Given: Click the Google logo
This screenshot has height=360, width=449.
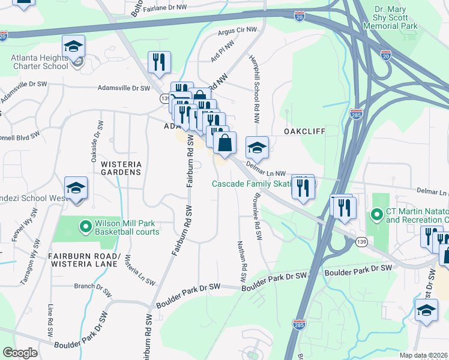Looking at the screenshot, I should [x=20, y=353].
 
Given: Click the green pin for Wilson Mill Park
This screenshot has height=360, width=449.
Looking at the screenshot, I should [x=85, y=227].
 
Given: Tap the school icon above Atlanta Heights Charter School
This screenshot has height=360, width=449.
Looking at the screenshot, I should [x=73, y=46].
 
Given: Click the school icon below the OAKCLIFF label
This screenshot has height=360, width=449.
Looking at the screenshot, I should [x=257, y=147].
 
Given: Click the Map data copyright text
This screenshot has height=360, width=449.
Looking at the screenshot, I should [x=423, y=355].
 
